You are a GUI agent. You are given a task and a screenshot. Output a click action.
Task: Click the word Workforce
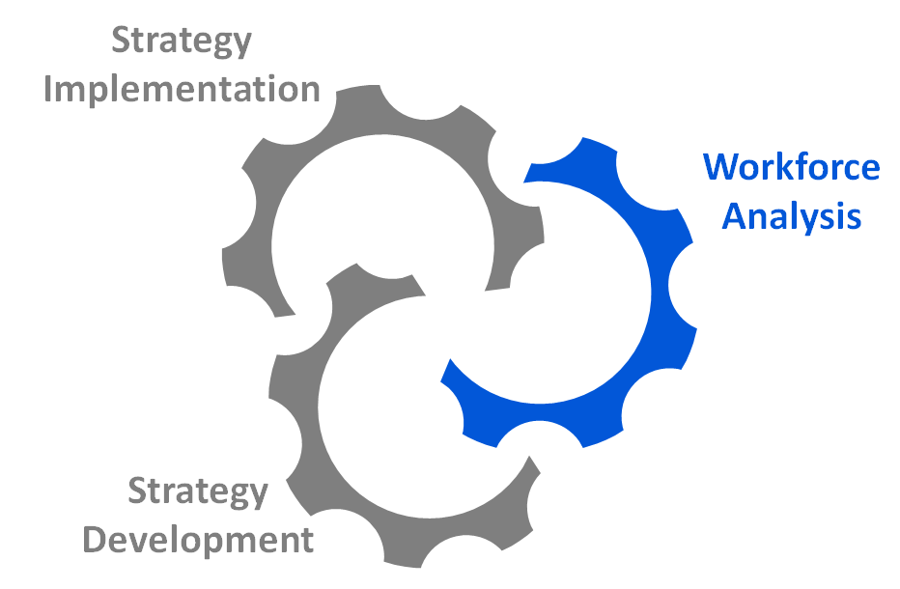[x=792, y=167]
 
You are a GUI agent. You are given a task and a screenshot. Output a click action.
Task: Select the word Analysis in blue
[x=792, y=216]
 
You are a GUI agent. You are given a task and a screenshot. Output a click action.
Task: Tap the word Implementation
[x=183, y=90]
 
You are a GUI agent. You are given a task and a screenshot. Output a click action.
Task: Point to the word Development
[x=198, y=540]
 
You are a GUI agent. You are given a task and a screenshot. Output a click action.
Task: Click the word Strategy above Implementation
[x=182, y=41]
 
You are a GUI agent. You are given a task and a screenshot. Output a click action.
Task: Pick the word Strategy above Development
[x=198, y=491]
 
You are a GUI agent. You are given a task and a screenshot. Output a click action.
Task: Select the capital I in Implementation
[x=50, y=90]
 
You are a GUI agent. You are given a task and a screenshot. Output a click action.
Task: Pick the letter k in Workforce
[x=784, y=167]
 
